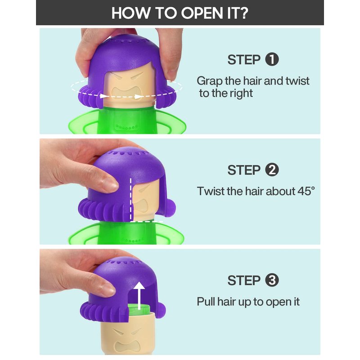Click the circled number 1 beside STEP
pyautogui.click(x=272, y=59)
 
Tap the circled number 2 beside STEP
pyautogui.click(x=272, y=170)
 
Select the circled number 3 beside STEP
pyautogui.click(x=272, y=280)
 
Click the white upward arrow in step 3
pyautogui.click(x=139, y=296)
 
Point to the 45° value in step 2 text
pyautogui.click(x=306, y=191)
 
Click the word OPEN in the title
pyautogui.click(x=202, y=13)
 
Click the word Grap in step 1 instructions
pyautogui.click(x=210, y=81)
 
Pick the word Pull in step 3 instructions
pyautogui.click(x=206, y=301)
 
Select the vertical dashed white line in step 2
pyautogui.click(x=131, y=199)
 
